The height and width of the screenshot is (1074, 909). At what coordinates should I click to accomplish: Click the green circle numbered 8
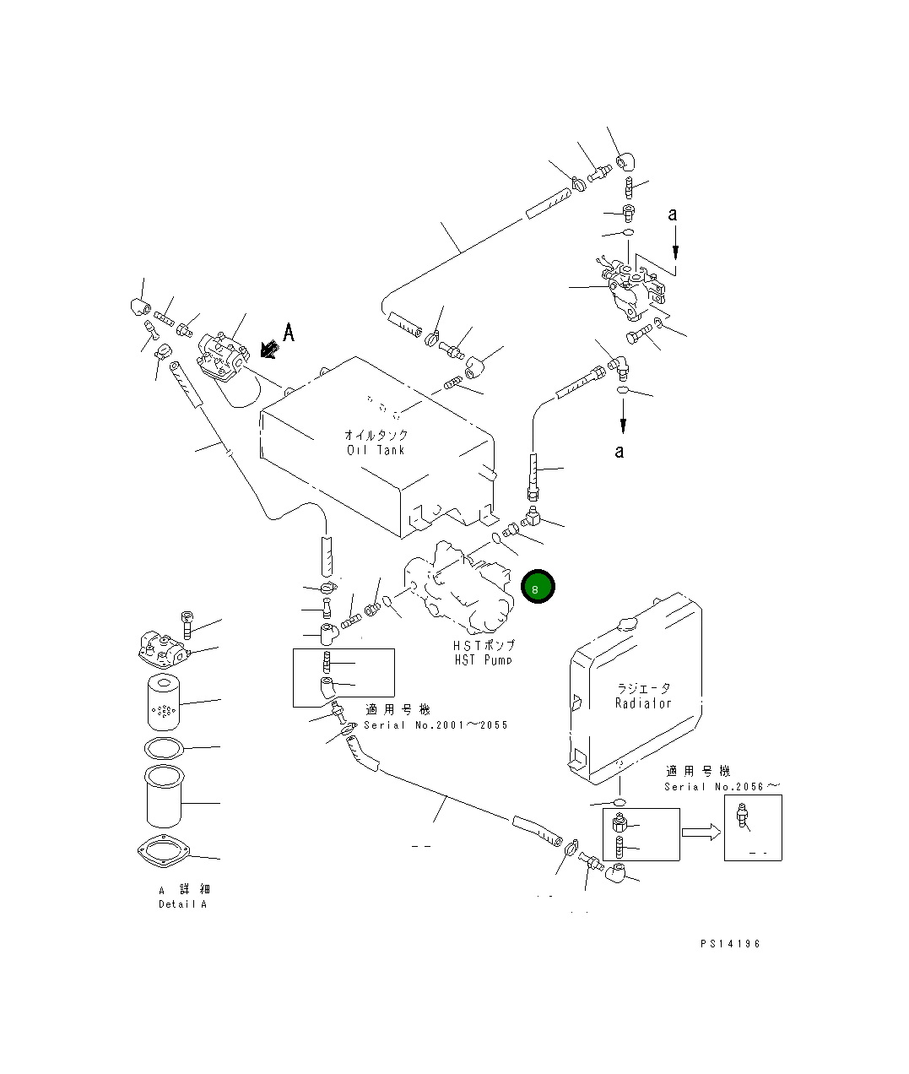pos(538,587)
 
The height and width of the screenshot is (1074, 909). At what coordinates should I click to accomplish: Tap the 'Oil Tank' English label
pos(376,450)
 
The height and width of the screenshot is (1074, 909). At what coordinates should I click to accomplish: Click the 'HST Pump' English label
pos(483,659)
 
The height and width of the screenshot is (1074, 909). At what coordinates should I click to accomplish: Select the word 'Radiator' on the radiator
pos(643,703)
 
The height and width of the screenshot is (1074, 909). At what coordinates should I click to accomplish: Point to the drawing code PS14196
pos(730,944)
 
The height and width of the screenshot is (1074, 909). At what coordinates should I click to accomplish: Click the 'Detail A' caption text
pos(182,904)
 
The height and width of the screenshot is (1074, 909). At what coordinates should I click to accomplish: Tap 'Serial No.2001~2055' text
pos(436,725)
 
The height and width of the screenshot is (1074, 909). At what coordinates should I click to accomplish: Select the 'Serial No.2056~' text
pos(722,787)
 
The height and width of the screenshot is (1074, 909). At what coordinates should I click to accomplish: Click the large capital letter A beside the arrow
pos(289,333)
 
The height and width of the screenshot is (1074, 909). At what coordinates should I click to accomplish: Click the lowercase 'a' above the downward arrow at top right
pos(673,214)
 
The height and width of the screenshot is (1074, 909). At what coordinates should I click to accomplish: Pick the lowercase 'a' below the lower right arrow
pos(620,452)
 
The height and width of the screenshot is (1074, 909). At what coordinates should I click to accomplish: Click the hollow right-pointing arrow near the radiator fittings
pos(701,833)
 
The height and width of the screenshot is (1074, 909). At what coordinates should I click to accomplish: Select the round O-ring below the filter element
pos(163,747)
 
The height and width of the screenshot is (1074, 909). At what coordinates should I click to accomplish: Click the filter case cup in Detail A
pos(163,795)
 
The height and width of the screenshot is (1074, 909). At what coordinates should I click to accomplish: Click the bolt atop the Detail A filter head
pos(187,623)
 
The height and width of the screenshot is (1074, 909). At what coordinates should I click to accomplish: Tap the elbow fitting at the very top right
pos(625,162)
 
